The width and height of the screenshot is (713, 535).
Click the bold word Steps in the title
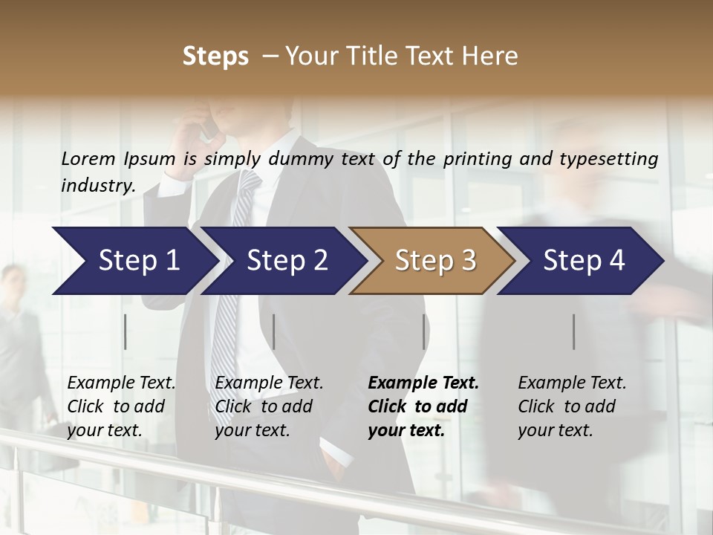pos(215,56)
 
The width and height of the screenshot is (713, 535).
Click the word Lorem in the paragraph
pos(88,159)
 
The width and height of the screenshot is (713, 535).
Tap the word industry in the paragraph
pos(97,186)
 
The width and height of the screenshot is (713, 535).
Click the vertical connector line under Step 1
pos(126,331)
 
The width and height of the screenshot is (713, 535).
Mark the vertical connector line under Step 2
pos(274,331)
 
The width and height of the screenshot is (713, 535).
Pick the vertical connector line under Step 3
pos(424,331)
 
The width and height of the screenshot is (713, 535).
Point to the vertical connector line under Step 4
pos(574,331)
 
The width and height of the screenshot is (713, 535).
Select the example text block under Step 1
pos(121,406)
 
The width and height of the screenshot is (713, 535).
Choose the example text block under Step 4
pos(572,406)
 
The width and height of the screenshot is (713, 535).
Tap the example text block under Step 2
pos(269,406)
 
